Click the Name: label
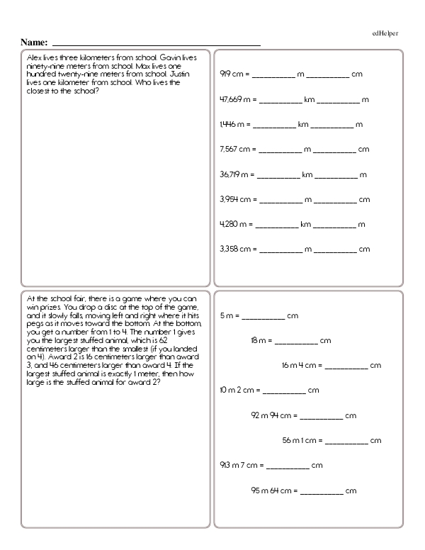(35, 43)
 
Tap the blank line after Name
(157, 45)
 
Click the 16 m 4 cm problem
(331, 366)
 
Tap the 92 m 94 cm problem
(302, 415)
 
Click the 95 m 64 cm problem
(302, 490)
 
